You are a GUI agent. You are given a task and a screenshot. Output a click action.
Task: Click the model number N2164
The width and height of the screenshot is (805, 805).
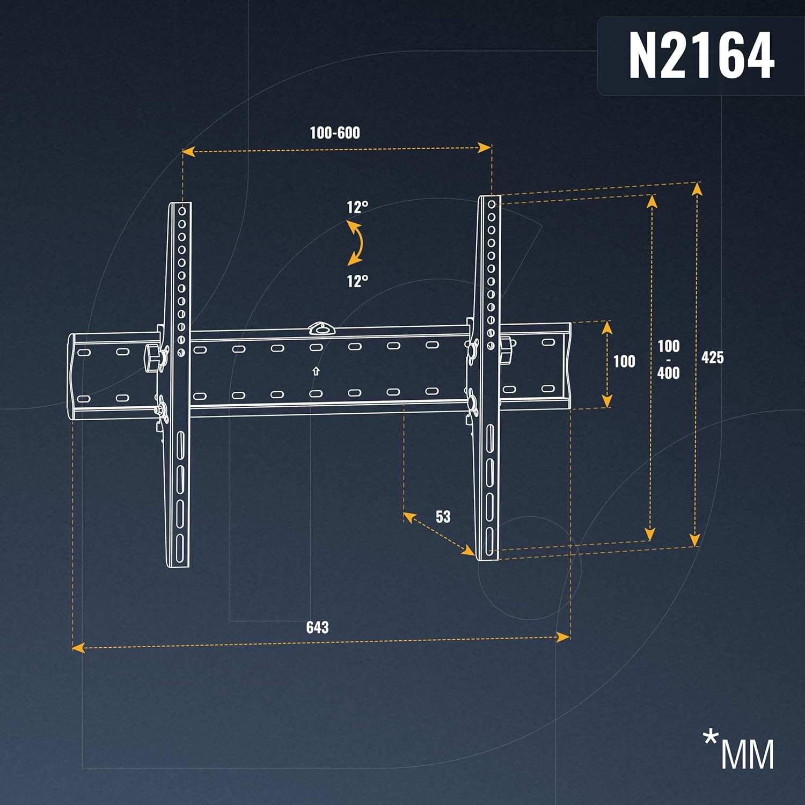pyautogui.click(x=701, y=55)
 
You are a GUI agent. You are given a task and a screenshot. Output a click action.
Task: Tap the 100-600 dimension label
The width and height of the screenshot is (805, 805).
pyautogui.click(x=335, y=133)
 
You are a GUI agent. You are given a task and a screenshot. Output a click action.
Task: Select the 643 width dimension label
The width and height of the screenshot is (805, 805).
pyautogui.click(x=317, y=627)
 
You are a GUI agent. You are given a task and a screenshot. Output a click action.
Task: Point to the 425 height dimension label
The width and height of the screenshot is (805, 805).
pyautogui.click(x=713, y=357)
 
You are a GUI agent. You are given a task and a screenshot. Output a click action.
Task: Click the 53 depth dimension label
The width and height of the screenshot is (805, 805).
pyautogui.click(x=443, y=517)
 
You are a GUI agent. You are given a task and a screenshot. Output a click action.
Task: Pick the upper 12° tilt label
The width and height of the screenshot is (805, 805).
pyautogui.click(x=357, y=207)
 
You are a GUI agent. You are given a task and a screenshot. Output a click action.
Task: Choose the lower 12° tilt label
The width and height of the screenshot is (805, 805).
pyautogui.click(x=357, y=281)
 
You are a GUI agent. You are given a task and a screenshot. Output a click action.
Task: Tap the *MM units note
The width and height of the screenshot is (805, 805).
pyautogui.click(x=739, y=749)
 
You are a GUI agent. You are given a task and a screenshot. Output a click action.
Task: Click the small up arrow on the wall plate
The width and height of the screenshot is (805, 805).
pyautogui.click(x=316, y=371)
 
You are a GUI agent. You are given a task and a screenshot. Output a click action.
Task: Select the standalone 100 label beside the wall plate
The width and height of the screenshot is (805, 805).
pyautogui.click(x=624, y=361)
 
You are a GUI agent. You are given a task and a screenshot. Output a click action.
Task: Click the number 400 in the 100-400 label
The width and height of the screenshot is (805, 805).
pyautogui.click(x=669, y=373)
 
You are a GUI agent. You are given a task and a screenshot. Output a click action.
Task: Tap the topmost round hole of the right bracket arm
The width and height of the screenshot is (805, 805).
pyautogui.click(x=492, y=204)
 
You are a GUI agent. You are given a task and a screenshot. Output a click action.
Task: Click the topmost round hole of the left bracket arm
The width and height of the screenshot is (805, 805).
pyautogui.click(x=182, y=211)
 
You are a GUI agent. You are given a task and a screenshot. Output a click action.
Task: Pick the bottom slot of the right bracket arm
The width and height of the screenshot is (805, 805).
pyautogui.click(x=489, y=541)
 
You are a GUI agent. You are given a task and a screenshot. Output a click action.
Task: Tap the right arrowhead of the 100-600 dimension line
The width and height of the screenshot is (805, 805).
pyautogui.click(x=485, y=148)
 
